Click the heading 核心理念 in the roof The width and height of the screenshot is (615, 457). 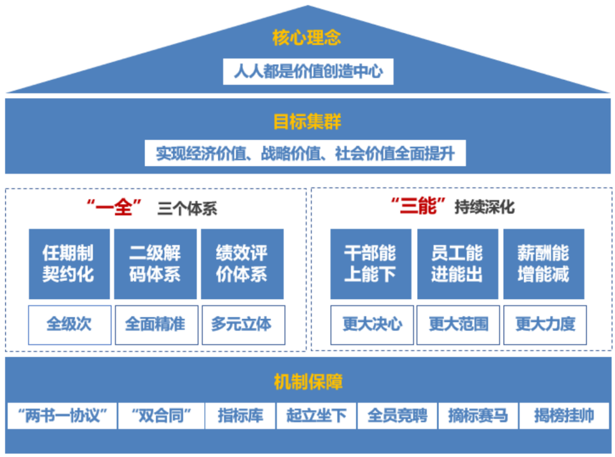point(307,38)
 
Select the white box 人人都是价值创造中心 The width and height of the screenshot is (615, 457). point(308,71)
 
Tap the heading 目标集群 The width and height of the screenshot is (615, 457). point(307,122)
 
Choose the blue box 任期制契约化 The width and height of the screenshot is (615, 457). point(69,264)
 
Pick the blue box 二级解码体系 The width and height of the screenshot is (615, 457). point(155,264)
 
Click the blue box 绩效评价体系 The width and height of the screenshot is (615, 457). point(242,264)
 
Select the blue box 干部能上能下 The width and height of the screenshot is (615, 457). point(370,264)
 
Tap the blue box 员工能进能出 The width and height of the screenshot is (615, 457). point(457,264)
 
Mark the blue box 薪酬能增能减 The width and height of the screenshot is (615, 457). point(544,264)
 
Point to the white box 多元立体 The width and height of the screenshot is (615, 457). point(242,324)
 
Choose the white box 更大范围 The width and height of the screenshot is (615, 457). point(458,324)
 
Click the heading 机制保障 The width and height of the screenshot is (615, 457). point(307,382)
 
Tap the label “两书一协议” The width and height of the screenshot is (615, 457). point(62,416)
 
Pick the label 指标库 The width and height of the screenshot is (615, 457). point(240,416)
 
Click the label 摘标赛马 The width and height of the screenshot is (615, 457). point(478,416)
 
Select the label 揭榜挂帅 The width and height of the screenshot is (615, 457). point(564,416)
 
